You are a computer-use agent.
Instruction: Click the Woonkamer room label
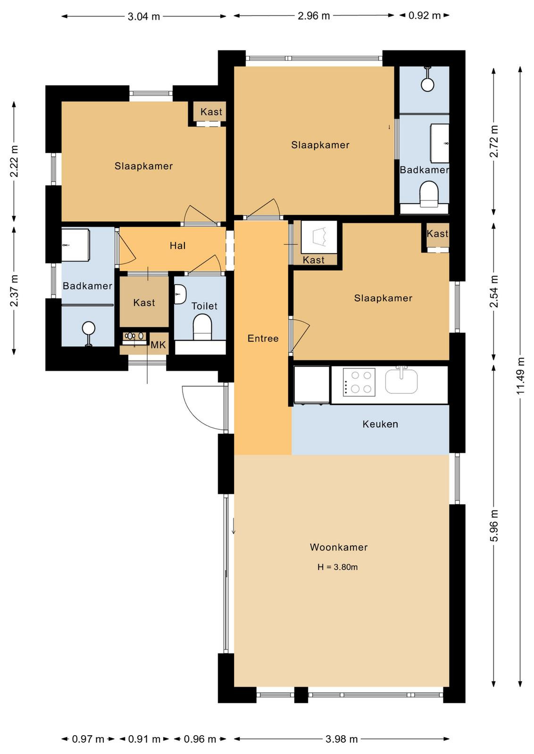[x=339, y=547]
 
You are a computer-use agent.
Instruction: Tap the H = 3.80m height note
[x=338, y=567]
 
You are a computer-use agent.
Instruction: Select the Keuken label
[x=380, y=424]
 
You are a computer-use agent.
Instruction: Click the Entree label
[x=263, y=338]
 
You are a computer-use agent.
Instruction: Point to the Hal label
[x=177, y=246]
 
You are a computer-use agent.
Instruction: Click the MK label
[x=158, y=345]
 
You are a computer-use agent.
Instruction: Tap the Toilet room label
[x=205, y=306]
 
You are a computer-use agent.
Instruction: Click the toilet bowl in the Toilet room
[x=202, y=327]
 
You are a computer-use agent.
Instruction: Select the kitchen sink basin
[x=401, y=381]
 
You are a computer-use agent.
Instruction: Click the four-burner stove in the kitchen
[x=359, y=382]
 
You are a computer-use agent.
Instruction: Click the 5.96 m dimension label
[x=494, y=525]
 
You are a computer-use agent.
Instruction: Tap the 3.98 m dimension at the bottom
[x=342, y=739]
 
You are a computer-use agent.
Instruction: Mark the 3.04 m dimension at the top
[x=144, y=16]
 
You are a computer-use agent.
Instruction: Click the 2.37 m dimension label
[x=14, y=291]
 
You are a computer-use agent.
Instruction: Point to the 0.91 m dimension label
[x=144, y=739]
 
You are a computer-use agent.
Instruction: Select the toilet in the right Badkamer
[x=429, y=194]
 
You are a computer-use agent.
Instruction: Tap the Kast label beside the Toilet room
[x=144, y=303]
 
